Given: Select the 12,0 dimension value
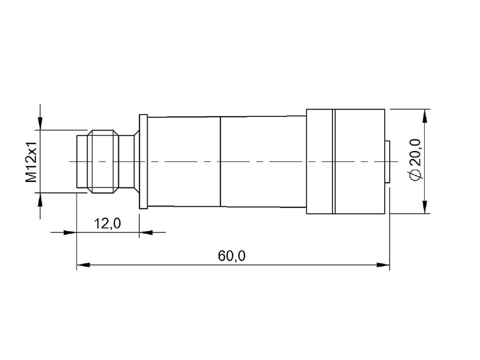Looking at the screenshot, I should pyautogui.click(x=107, y=223).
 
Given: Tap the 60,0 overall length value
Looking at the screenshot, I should pyautogui.click(x=232, y=255).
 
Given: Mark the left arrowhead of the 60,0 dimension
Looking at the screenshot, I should pyautogui.click(x=82, y=264).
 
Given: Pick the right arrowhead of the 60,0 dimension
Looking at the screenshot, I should pyautogui.click(x=384, y=264).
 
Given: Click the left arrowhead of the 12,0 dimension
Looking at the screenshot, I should pyautogui.click(x=70, y=232).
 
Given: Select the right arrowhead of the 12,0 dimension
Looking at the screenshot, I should pyautogui.click(x=145, y=232).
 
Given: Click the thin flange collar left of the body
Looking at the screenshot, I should pyautogui.click(x=143, y=162).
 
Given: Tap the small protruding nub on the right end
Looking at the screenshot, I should pyautogui.click(x=387, y=162).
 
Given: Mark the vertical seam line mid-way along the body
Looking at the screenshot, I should pyautogui.click(x=220, y=162).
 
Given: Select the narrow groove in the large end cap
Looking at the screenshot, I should pyautogui.click(x=334, y=162).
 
